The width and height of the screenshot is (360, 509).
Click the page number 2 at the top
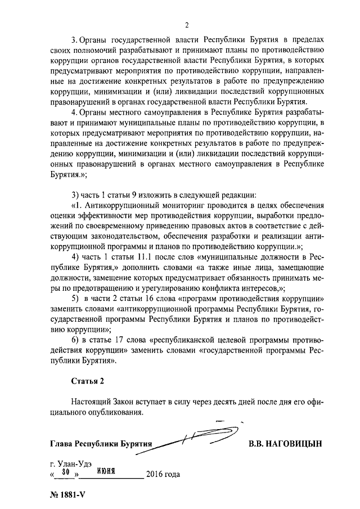(x=186, y=25)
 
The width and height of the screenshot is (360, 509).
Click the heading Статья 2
(x=88, y=381)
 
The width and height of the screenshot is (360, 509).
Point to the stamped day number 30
(x=65, y=471)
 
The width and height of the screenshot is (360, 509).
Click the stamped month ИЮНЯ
(x=106, y=471)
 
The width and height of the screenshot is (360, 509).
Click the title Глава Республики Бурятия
(x=101, y=444)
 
